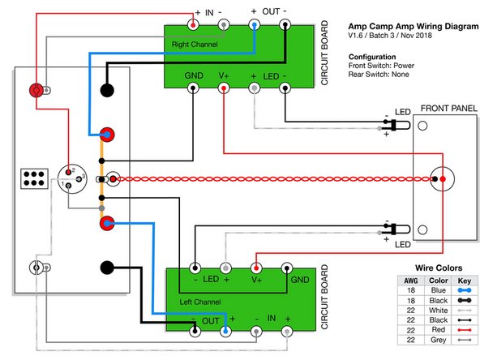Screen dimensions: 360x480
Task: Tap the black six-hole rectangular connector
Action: coord(33,178)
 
